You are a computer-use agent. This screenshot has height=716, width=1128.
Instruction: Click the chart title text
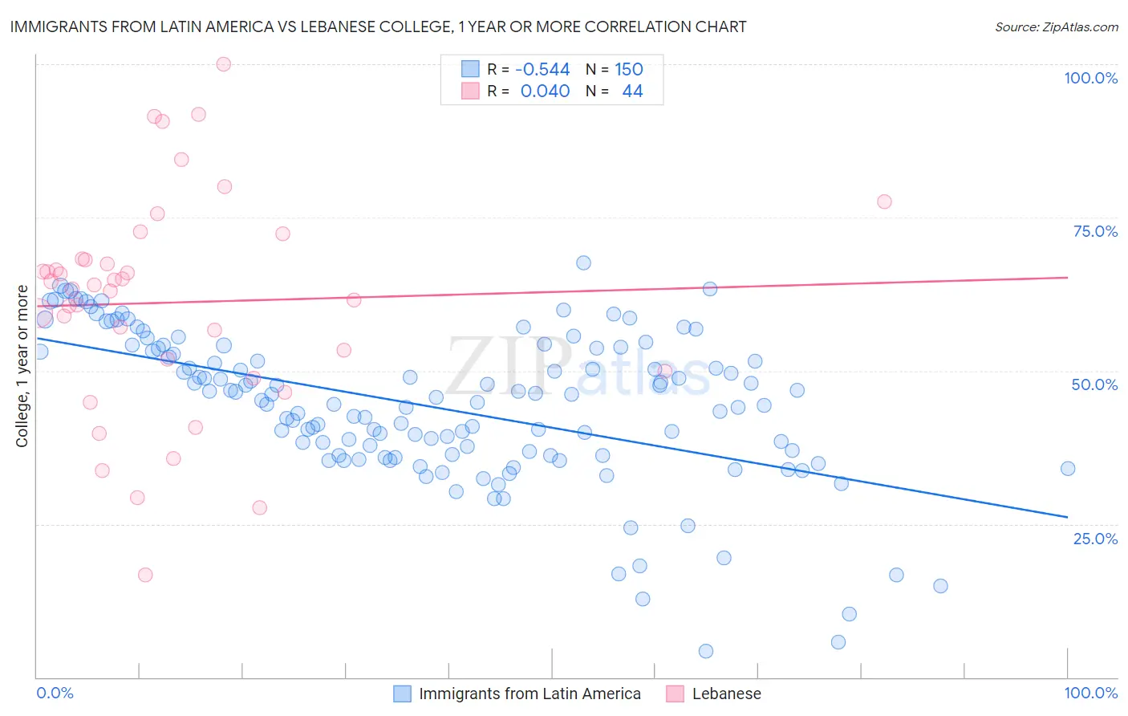point(378,26)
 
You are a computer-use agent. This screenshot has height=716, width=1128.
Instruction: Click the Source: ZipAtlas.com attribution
point(1056,26)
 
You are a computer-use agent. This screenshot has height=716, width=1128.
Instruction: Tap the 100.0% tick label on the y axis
point(1090,78)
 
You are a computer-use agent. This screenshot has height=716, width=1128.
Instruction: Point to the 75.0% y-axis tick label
point(1095,231)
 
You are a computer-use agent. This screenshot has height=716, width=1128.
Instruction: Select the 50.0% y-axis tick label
point(1094,384)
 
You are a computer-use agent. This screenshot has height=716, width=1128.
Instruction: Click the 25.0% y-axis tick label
point(1095,538)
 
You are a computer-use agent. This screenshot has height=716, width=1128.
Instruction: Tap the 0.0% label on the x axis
point(55,693)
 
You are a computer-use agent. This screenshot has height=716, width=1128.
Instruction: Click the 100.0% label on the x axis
point(1090,693)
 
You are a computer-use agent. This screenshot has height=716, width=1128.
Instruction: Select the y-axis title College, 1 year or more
point(22,366)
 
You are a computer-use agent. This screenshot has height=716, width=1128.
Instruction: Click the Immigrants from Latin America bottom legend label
point(530,694)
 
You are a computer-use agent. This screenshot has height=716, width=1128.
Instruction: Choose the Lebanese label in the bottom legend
point(726,694)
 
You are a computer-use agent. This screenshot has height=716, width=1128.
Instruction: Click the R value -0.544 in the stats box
point(542,70)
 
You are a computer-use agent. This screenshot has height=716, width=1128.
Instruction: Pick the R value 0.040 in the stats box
point(545,91)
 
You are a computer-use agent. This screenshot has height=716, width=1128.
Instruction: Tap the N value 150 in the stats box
point(629,70)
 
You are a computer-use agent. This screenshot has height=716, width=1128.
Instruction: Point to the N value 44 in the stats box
point(632,91)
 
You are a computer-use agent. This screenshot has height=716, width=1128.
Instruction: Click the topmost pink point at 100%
point(224,64)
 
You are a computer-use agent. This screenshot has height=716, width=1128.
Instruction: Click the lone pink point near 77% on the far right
point(884,201)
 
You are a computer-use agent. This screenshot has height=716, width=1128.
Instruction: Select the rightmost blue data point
point(1067,469)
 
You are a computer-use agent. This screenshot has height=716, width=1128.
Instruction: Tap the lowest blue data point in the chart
point(706,651)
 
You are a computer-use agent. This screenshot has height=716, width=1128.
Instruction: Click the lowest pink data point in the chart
point(145,575)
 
